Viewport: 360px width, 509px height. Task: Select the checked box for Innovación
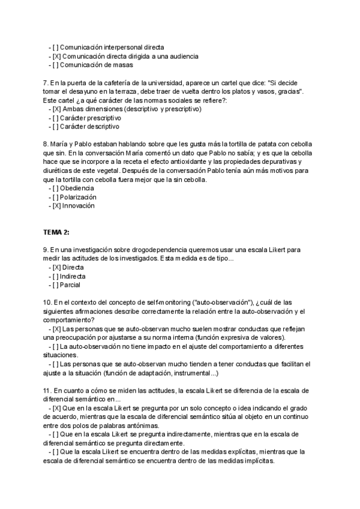point(56,206)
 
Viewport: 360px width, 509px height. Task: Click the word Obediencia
point(77,188)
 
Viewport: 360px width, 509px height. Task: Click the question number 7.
point(46,82)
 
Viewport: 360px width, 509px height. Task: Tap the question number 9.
point(46,249)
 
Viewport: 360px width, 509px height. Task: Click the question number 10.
point(47,303)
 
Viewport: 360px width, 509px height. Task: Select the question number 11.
point(47,390)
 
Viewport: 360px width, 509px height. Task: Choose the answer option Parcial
point(70,285)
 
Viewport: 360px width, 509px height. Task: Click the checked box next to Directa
point(56,267)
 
